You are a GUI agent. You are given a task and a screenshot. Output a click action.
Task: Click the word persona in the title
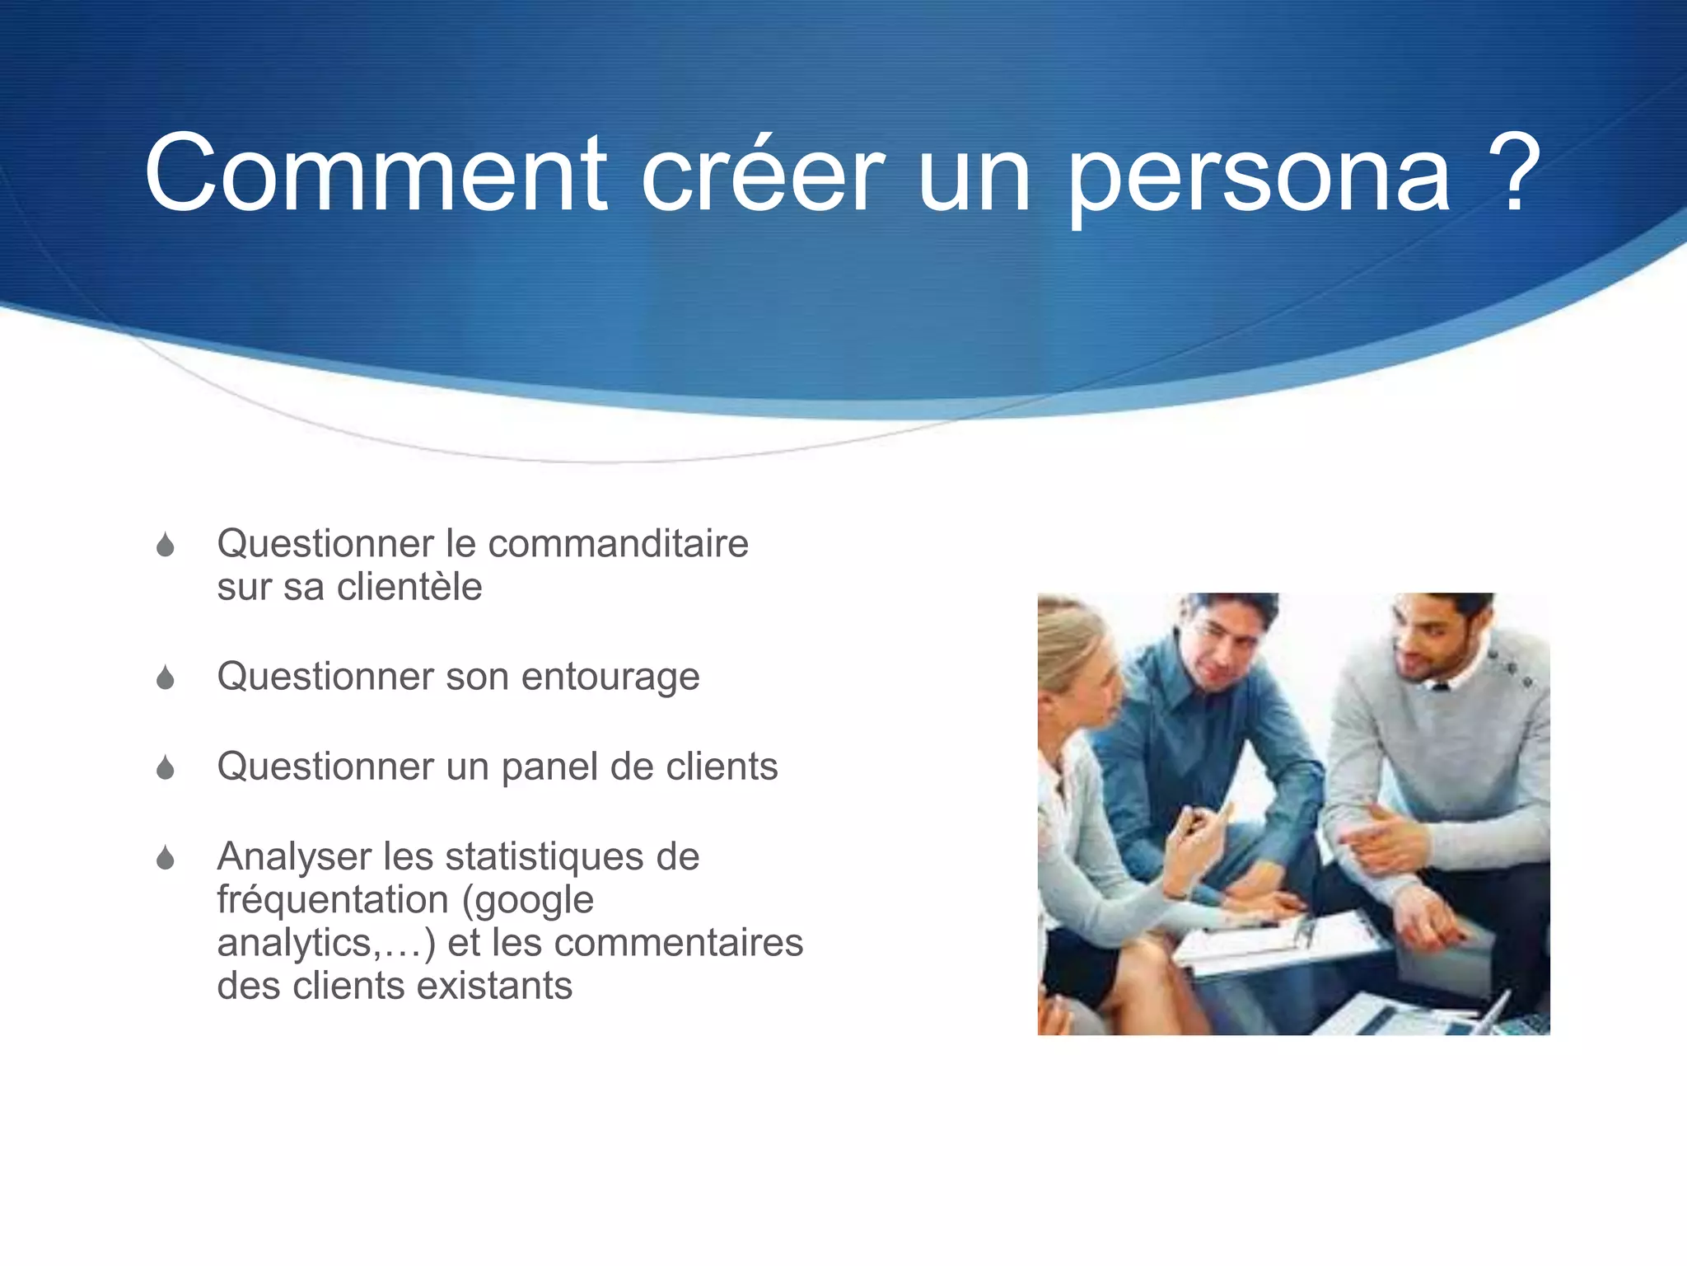1259,177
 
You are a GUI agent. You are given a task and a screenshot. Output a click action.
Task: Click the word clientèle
409,588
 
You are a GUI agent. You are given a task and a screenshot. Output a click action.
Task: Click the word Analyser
294,857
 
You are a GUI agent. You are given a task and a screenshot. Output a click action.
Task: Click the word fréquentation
334,900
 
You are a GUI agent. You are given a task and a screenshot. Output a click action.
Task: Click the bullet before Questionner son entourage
166,678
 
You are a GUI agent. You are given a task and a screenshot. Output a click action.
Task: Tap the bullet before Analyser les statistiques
166,858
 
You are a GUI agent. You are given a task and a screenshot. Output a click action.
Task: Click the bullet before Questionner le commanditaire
166,545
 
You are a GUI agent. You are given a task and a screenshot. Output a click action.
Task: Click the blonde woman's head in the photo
1071,651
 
